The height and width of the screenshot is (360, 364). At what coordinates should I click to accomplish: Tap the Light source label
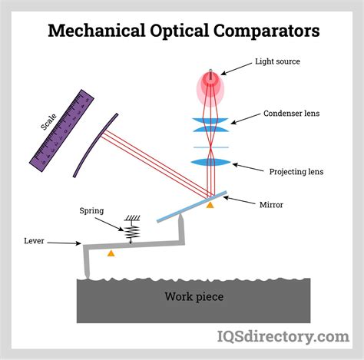279,61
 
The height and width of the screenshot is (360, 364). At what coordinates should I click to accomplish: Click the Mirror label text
270,205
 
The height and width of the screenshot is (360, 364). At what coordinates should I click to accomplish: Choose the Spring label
92,210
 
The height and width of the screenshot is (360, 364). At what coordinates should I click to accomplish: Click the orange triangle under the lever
111,253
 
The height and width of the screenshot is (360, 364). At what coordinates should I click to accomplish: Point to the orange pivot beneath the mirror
210,205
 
